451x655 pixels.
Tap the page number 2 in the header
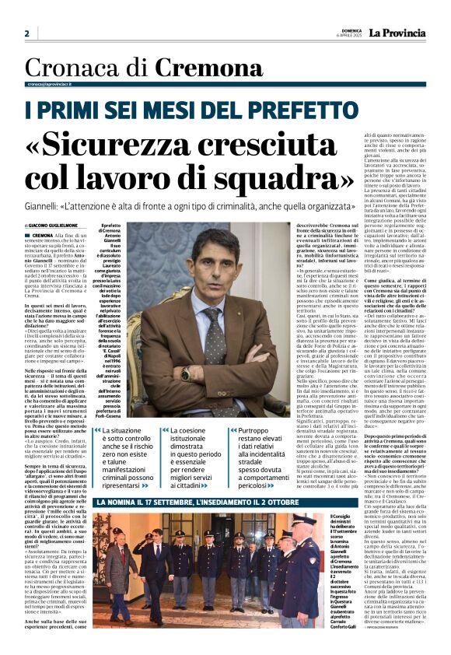[x=26, y=33]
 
